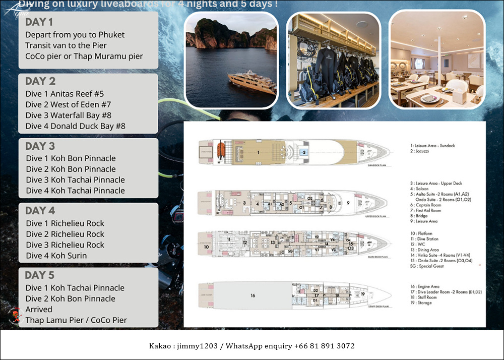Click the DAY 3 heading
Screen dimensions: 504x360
[40, 146]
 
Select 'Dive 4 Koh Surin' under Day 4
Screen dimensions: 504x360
[56, 256]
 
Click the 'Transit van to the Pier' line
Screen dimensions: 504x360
[66, 45]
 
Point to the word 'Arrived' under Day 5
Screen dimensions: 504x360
[39, 309]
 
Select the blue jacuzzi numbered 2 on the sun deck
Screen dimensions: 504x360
[304, 152]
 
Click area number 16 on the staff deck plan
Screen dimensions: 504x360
[253, 295]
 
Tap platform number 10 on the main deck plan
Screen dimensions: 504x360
[206, 247]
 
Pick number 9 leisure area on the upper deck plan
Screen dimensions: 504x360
[348, 204]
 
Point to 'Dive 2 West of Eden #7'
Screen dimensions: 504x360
[68, 105]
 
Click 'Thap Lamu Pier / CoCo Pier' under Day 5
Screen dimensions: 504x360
[76, 320]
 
